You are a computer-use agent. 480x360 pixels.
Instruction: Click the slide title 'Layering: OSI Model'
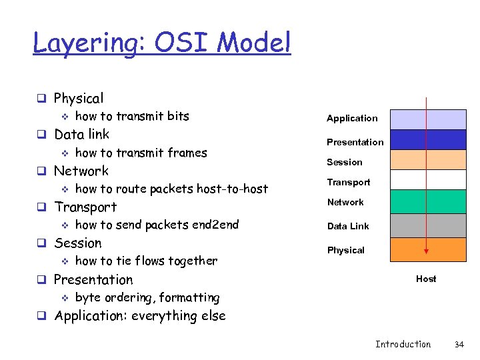(162, 43)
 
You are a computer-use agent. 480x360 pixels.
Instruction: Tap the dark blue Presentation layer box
(428, 139)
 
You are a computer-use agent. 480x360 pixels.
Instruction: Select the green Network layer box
(428, 201)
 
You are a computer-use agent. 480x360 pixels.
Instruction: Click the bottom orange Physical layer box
(428, 249)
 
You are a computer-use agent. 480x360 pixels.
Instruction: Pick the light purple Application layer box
(428, 119)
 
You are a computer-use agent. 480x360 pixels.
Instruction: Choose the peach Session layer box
(428, 160)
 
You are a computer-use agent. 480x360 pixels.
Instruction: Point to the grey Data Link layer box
(428, 225)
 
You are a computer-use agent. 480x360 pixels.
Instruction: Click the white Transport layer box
(428, 180)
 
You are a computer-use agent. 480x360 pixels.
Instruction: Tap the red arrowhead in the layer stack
(427, 253)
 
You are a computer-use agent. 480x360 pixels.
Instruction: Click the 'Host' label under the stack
(426, 279)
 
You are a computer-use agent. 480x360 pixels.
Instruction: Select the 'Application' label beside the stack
(351, 118)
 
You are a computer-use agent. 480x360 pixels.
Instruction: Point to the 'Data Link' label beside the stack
(347, 226)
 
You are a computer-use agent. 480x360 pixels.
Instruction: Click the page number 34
(459, 344)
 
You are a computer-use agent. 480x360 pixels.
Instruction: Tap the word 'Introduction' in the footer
(403, 344)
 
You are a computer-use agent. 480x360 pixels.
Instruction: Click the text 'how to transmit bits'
(132, 116)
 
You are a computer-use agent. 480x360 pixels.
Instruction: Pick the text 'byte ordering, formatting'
(147, 297)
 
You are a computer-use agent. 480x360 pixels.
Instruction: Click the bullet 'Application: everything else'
(139, 316)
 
